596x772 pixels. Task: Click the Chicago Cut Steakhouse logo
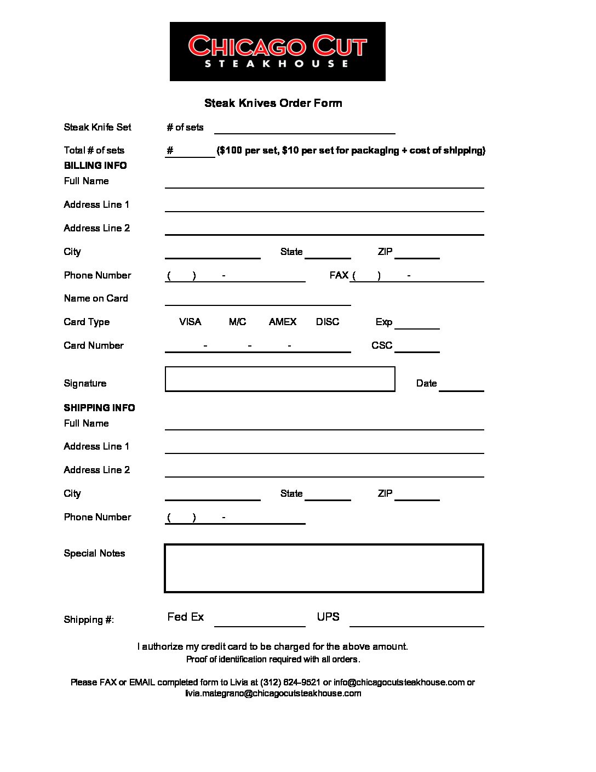pos(277,52)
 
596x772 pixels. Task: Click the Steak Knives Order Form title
pos(273,103)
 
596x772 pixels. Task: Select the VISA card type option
pos(190,322)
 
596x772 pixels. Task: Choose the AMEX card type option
pos(282,322)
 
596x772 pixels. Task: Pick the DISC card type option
pos(328,322)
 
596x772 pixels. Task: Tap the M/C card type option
pos(237,322)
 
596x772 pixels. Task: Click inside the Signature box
pos(279,379)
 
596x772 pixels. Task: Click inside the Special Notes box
pos(324,568)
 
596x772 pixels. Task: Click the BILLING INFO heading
pos(95,166)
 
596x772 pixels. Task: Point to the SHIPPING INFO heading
pos(99,408)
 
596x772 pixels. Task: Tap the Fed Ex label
pos(185,617)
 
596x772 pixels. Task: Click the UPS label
pos(328,617)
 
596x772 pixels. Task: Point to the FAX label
pos(339,275)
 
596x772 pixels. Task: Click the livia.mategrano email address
pos(273,693)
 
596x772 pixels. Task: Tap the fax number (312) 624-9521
pos(290,682)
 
